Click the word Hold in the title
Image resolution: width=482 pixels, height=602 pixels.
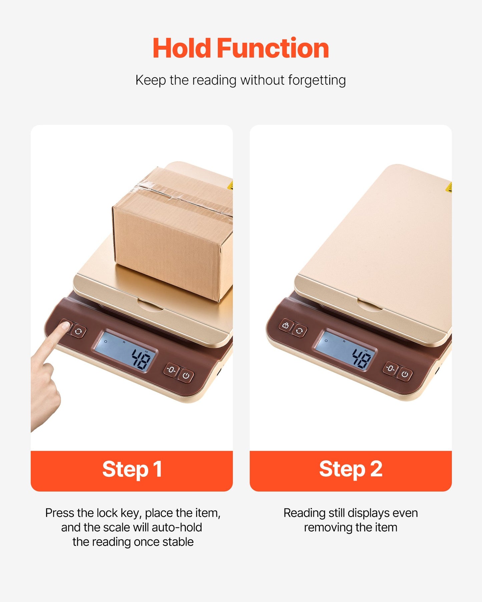coord(182,49)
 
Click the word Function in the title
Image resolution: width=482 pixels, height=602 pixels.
coord(273,49)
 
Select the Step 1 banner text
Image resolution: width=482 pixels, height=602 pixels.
coord(132,469)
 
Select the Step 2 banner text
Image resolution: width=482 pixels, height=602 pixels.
coord(351,469)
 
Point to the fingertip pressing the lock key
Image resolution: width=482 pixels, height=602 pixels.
coord(63,327)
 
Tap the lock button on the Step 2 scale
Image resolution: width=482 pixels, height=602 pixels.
coord(286,326)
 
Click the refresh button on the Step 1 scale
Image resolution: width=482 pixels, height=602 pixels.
coord(79,332)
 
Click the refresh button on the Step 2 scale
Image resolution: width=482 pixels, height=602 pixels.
coord(300,331)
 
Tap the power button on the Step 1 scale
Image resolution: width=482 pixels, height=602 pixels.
coord(186,376)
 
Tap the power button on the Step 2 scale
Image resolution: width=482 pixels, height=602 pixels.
coord(405,374)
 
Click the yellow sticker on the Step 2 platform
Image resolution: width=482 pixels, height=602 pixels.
coord(449,187)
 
